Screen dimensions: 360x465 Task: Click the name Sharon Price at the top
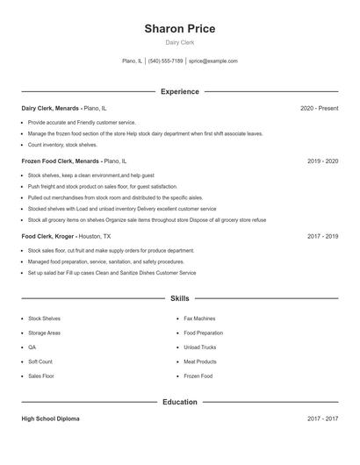coord(180,29)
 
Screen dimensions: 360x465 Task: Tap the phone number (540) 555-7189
coord(165,61)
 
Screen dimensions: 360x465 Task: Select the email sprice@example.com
coord(213,61)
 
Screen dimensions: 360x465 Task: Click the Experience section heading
coord(180,91)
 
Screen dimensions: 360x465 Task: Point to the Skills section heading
coord(180,299)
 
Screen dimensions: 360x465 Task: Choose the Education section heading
coord(180,402)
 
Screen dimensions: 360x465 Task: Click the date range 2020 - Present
coord(319,108)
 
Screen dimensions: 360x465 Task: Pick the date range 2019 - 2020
coord(322,161)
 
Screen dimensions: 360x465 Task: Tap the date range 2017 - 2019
coord(322,236)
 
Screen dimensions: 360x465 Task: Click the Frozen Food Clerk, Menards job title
coord(60,161)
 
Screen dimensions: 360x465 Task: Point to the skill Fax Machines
coord(199,318)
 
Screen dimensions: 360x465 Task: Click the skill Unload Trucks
coord(199,347)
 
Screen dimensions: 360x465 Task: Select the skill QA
coord(32,347)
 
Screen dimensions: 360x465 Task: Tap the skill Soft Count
coord(40,361)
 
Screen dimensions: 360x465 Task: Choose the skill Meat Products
coord(200,361)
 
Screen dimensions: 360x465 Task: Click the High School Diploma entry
coord(50,418)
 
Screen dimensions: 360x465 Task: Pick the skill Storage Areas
coord(44,333)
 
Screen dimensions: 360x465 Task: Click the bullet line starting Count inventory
coord(62,145)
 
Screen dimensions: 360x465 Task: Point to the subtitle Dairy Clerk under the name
coord(180,42)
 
